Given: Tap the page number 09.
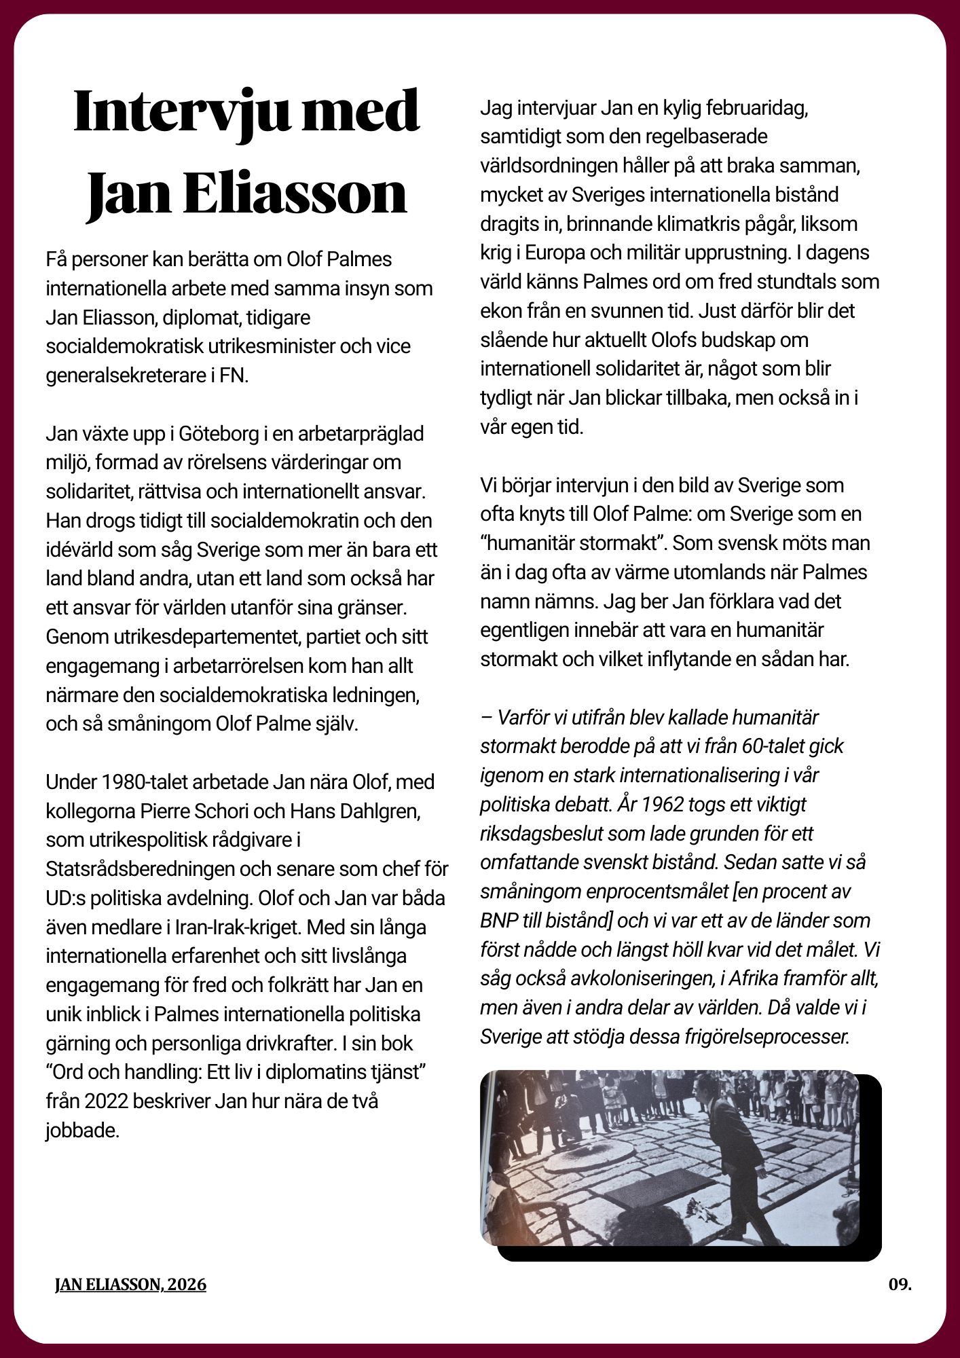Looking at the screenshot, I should [900, 1284].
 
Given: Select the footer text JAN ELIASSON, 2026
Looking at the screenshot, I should [130, 1284].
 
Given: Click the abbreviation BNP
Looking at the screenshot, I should [501, 920].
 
